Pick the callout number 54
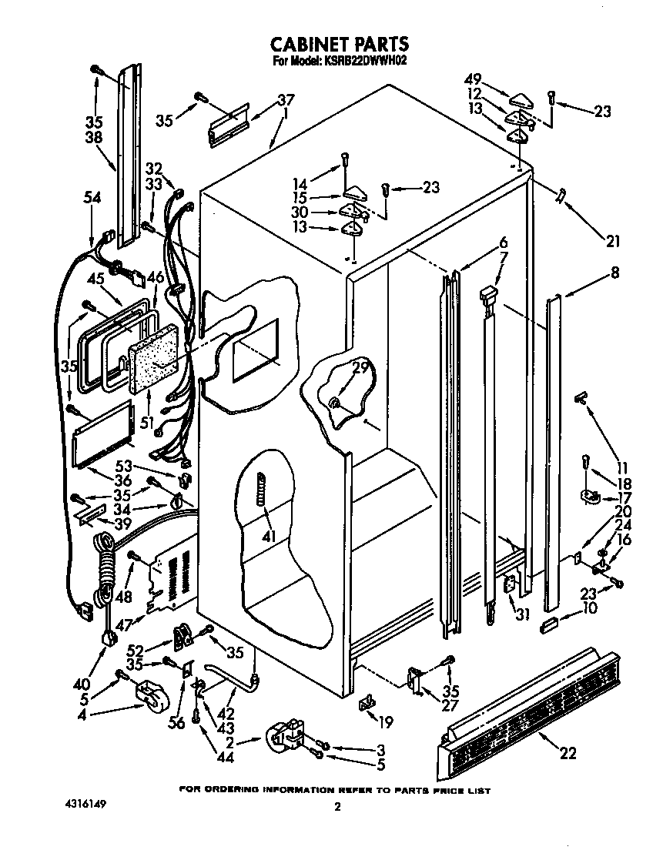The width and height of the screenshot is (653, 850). (x=92, y=198)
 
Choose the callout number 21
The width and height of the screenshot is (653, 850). (x=612, y=242)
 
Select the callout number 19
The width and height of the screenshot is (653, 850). (x=385, y=721)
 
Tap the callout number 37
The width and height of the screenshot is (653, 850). (x=286, y=100)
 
